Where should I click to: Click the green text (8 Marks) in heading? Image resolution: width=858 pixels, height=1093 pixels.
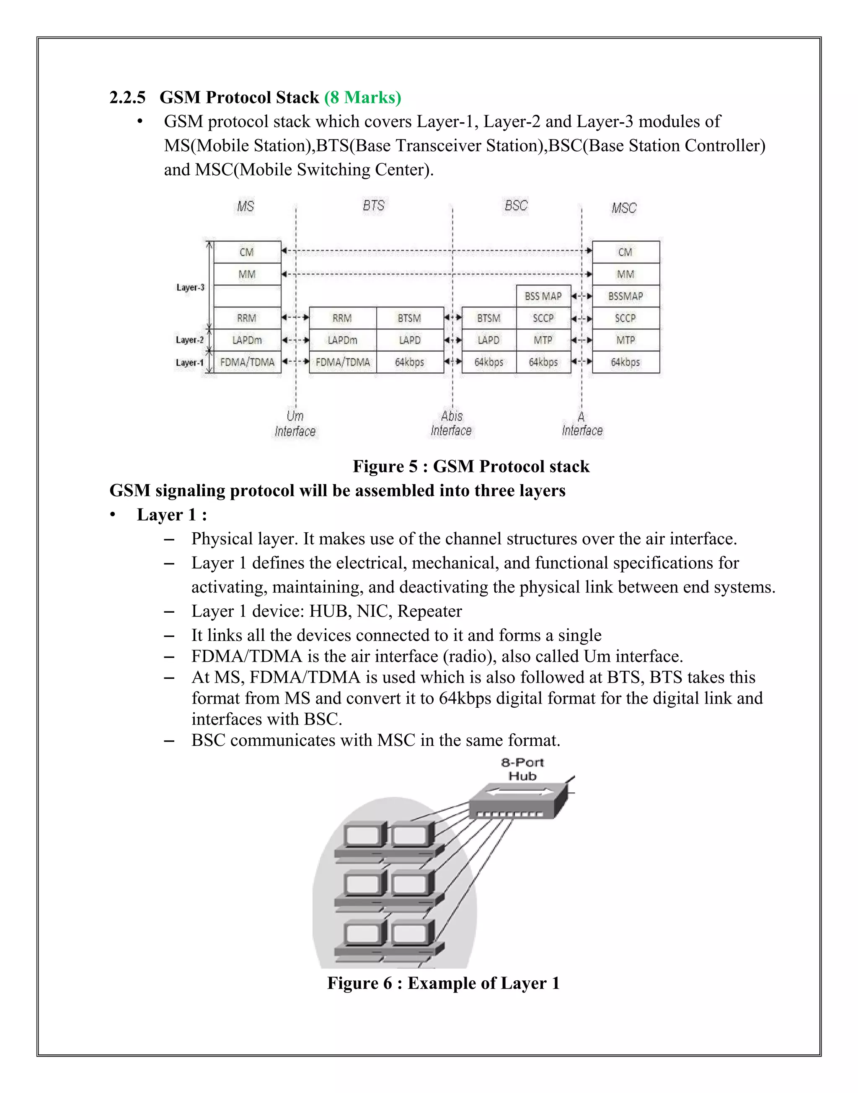point(362,98)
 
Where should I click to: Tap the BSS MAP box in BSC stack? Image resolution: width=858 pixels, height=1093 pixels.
point(543,296)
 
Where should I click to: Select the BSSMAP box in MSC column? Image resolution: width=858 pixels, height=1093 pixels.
point(625,296)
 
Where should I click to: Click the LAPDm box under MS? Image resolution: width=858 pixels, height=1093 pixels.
point(247,340)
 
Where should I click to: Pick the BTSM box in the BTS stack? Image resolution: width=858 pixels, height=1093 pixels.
point(409,318)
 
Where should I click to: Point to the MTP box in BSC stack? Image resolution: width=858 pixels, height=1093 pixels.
point(543,340)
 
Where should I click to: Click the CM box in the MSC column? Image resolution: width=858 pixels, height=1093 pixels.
point(625,252)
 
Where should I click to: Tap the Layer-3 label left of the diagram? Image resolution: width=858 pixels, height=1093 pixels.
point(190,288)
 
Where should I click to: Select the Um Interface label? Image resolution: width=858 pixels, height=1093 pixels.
point(295,424)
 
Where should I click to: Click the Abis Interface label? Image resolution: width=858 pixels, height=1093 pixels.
point(451,423)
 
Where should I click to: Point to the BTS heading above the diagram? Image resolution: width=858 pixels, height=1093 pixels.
point(373,206)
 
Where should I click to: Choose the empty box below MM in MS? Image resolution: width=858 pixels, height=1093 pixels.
point(247,296)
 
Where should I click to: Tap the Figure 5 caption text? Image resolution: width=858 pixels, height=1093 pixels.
point(471,467)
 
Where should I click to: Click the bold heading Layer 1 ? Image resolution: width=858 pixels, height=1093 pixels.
point(172,515)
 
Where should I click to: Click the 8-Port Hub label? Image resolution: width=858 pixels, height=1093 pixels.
point(522,769)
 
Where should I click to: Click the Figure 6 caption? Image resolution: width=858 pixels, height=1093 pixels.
point(443,983)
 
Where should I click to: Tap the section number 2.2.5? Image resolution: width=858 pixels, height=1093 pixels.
point(128,98)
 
